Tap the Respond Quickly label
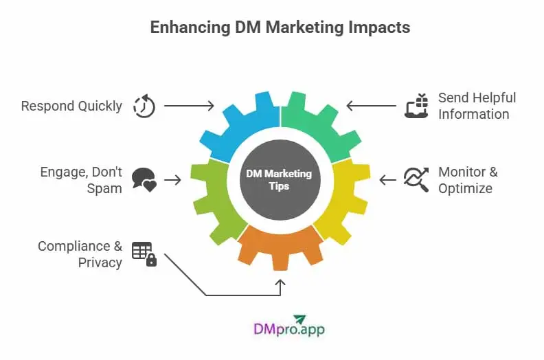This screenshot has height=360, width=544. pos(71,106)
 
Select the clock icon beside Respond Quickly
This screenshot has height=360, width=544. pos(144,106)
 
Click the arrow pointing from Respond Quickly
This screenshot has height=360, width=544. pos(190,106)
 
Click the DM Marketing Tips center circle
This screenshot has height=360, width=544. pos(280,180)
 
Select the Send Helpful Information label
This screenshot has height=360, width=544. pos(476,106)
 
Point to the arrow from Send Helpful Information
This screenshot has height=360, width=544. pos(371,106)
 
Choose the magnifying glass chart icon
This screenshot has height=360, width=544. pos(416,180)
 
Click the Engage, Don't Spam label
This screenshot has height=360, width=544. pos(81,180)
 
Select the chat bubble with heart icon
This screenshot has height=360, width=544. pos(144,180)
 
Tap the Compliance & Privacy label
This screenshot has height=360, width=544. pos(80,254)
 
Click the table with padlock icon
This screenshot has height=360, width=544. pos(144,254)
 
